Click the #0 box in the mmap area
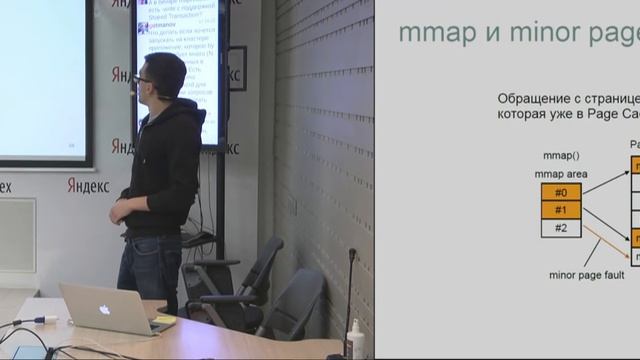tap(560, 192)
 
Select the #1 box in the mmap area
tap(560, 210)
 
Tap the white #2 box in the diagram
tap(560, 228)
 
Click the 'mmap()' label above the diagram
tap(560, 157)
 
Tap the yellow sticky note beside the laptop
tap(164, 320)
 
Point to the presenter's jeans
tap(150, 265)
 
